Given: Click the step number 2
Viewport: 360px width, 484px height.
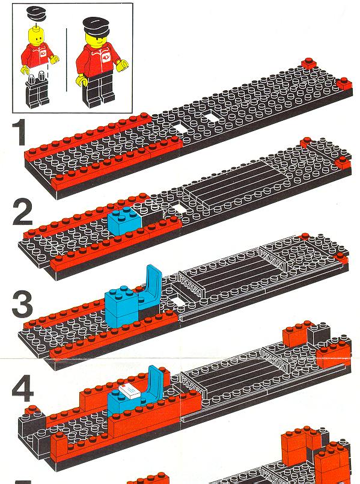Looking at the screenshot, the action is coord(22,212).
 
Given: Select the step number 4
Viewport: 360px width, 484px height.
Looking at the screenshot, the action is coord(22,389).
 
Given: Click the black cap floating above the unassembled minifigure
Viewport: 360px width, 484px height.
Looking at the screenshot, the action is coord(37,13).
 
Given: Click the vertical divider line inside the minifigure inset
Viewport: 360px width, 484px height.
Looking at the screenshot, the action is coord(66,60).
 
